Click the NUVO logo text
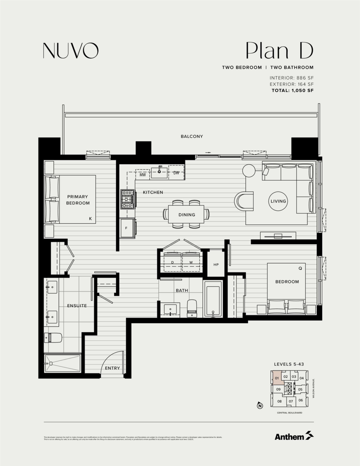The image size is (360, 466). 70,50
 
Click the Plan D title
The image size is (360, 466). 279,51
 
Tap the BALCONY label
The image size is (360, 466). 192,137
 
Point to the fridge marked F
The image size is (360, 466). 127,228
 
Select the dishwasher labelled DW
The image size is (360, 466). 176,173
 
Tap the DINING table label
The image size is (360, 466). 187,215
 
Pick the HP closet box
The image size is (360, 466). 216,264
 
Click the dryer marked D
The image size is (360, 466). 172,263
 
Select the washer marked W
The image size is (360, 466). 191,263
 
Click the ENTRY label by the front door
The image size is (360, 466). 112,368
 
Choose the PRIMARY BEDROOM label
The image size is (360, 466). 78,200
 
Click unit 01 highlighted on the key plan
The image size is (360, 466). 277,377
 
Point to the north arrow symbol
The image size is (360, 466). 260,406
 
